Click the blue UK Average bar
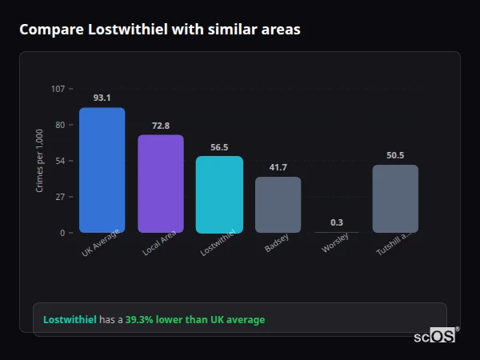102,170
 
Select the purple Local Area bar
161,184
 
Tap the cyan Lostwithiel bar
219,194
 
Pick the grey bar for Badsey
278,205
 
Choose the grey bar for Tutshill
395,199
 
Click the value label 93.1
102,98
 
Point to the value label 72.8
161,126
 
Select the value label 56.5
219,147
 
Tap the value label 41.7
278,167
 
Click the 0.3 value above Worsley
337,222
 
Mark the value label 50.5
395,155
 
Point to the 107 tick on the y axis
58,89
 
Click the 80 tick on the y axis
59,125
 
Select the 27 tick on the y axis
59,197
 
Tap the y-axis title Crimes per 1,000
40,160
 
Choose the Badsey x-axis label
276,243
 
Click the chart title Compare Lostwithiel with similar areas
160,30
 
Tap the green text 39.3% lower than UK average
194,320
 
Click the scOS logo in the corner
435,336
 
